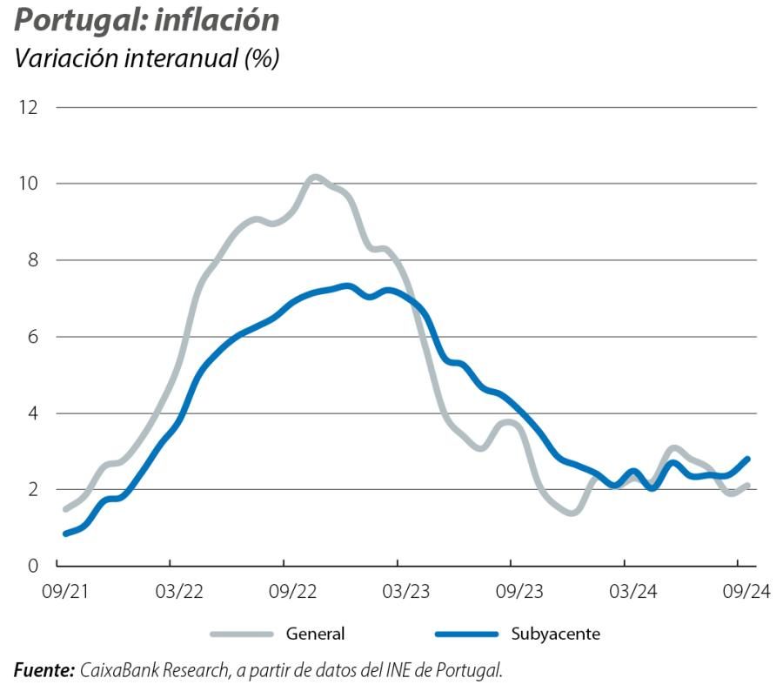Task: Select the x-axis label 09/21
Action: [x=65, y=592]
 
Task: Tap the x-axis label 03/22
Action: [x=178, y=592]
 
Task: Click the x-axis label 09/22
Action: [x=292, y=592]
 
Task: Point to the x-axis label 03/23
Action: [x=405, y=592]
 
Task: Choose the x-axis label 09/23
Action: [x=519, y=592]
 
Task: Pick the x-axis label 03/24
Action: [x=632, y=592]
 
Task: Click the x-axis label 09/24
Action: [x=746, y=592]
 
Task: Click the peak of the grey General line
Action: [x=315, y=178]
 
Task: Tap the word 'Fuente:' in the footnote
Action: [x=43, y=671]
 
